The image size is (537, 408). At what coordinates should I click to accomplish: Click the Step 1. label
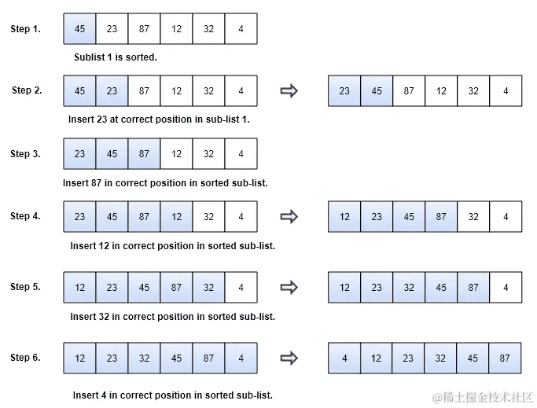pos(25,29)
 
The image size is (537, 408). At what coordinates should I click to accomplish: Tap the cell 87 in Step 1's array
pos(144,29)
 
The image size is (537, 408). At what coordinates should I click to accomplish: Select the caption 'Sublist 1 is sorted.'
pos(116,57)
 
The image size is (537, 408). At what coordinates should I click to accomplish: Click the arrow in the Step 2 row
pos(289,91)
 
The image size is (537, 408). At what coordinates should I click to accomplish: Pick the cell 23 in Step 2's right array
pos(344,91)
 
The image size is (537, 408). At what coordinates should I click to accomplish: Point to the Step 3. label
pos(25,154)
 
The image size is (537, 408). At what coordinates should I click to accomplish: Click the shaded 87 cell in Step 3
pos(144,154)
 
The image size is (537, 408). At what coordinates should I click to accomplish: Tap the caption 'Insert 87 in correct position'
pos(165,183)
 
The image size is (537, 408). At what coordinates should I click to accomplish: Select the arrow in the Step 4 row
pos(289,216)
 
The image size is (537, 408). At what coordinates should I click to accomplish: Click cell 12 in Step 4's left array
pos(176,216)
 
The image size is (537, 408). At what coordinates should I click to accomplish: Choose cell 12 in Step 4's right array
pos(344,216)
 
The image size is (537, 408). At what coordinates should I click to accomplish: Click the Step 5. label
pos(25,287)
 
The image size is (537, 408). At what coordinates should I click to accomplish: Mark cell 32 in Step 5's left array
pos(208,288)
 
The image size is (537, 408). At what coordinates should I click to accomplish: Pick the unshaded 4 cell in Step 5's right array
pos(506,288)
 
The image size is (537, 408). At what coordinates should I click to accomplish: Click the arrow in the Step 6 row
pos(289,358)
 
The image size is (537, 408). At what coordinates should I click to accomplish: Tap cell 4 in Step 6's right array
pos(344,358)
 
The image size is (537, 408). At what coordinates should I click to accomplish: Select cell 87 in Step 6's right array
pos(505,358)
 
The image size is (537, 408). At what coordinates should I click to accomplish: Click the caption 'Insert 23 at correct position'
pos(159,120)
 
